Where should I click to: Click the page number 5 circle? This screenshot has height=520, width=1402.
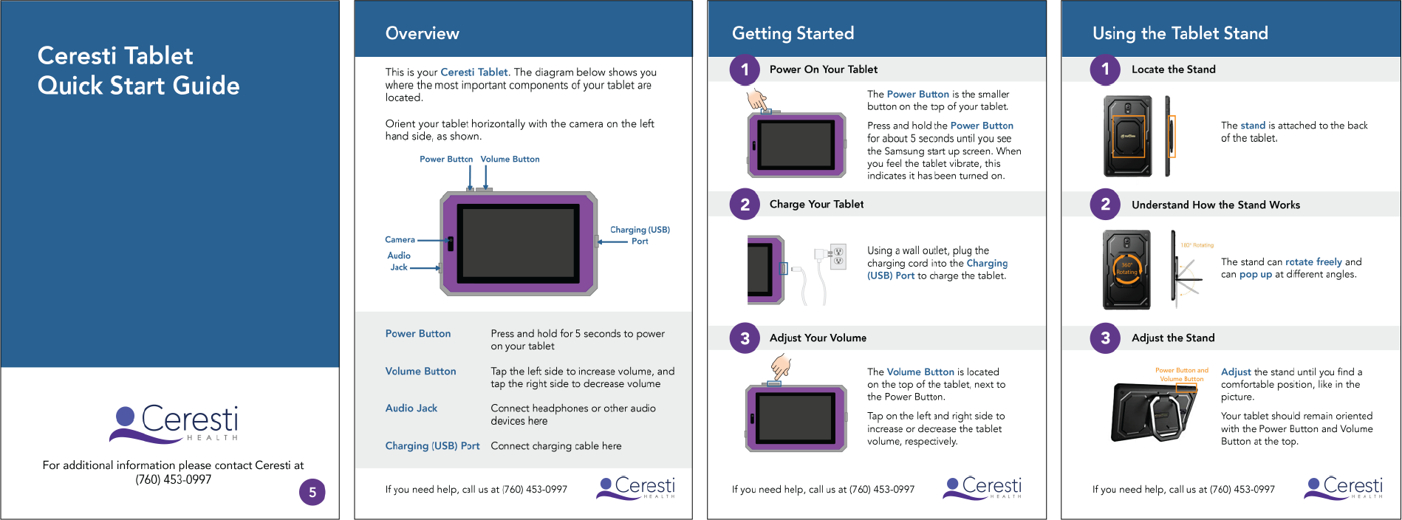tap(312, 493)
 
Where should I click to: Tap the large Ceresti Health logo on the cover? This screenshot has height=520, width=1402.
tap(174, 423)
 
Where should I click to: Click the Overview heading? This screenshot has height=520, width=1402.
tap(422, 33)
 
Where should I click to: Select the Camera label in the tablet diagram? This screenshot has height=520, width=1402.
tap(400, 239)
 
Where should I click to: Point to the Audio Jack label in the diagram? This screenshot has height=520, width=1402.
tap(399, 261)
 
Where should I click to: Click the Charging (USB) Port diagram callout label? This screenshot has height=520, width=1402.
tap(640, 235)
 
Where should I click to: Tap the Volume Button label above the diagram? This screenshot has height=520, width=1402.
tap(510, 159)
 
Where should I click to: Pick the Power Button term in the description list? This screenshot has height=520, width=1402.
tap(417, 334)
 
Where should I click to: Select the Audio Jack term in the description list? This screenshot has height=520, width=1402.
tap(411, 408)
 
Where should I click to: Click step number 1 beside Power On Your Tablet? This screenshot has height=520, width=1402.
tap(745, 69)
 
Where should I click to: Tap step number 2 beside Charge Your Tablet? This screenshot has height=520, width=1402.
tap(745, 205)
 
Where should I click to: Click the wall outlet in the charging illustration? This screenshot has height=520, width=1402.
tap(838, 256)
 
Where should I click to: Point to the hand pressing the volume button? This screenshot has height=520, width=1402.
tap(781, 366)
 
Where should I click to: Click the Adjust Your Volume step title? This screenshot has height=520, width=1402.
tap(818, 338)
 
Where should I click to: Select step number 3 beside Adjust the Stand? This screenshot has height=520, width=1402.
tap(1105, 338)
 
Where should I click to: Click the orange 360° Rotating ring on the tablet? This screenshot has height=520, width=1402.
tap(1126, 269)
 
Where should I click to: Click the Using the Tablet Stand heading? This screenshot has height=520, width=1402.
tap(1180, 33)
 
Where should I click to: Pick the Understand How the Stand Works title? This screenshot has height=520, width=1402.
tap(1215, 205)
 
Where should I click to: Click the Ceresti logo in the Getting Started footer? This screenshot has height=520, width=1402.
tap(982, 487)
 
